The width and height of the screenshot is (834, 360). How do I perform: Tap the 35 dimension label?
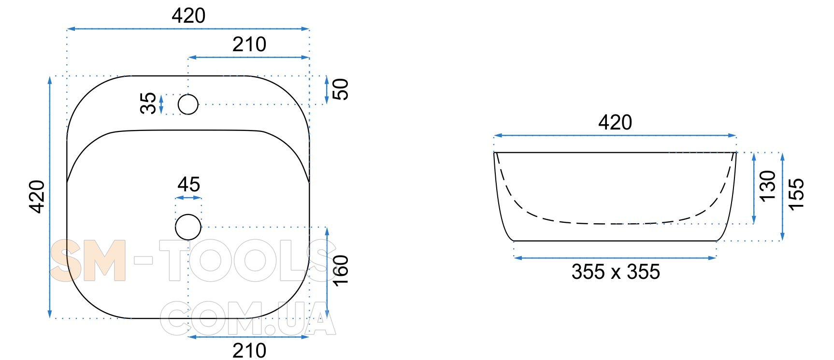[148, 103]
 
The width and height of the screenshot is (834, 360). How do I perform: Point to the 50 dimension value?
[341, 89]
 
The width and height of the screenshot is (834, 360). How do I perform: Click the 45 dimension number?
[188, 184]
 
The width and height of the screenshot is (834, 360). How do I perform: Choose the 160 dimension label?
[341, 271]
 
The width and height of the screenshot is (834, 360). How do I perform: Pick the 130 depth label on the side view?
[767, 187]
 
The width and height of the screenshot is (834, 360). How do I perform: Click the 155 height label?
[796, 194]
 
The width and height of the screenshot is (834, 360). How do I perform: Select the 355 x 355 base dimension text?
[616, 272]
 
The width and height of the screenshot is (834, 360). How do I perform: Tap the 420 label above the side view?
[615, 123]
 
